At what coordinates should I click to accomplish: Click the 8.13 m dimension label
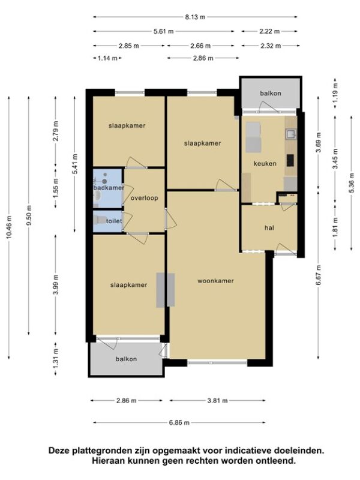click(x=195, y=17)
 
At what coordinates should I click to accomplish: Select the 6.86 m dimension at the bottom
click(x=179, y=423)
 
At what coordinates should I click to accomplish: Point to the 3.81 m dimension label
click(x=217, y=400)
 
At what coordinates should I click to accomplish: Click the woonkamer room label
click(x=215, y=281)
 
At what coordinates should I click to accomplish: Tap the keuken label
click(x=265, y=163)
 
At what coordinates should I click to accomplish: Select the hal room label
click(x=269, y=228)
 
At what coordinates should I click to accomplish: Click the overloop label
click(x=145, y=198)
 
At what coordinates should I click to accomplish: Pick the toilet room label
click(x=114, y=221)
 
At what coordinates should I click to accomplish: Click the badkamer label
click(x=109, y=188)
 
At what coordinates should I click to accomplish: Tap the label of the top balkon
click(x=271, y=93)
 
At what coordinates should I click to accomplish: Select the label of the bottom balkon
click(x=126, y=359)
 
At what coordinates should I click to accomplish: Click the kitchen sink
click(x=290, y=134)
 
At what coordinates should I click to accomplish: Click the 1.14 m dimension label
click(x=107, y=58)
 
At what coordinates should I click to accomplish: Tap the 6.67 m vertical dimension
click(x=319, y=275)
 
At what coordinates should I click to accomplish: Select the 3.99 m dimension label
click(x=55, y=284)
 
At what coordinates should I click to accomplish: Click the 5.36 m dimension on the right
click(x=351, y=182)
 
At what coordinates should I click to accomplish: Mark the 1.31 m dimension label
click(x=55, y=359)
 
